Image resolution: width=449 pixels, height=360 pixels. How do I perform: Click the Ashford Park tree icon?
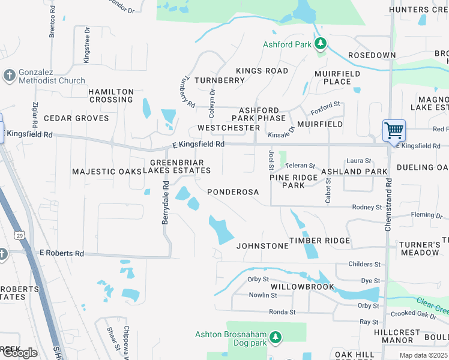point(321,44)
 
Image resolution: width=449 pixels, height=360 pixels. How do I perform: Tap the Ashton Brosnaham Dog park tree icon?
point(276,338)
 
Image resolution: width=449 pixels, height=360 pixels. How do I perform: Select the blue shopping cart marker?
point(394,130)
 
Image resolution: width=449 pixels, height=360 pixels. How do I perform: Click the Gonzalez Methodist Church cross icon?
point(8,76)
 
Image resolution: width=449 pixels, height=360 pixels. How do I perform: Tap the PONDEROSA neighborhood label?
point(233,192)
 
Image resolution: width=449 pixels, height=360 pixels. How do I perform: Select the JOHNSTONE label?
point(262,246)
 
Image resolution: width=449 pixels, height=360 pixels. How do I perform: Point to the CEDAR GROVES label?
point(76,118)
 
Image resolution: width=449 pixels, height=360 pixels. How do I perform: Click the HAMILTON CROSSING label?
point(111,95)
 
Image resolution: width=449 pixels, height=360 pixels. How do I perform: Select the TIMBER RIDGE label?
point(320,241)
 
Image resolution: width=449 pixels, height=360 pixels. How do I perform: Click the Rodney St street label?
point(367,207)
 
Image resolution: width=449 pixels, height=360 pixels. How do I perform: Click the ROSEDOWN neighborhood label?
point(372,55)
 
